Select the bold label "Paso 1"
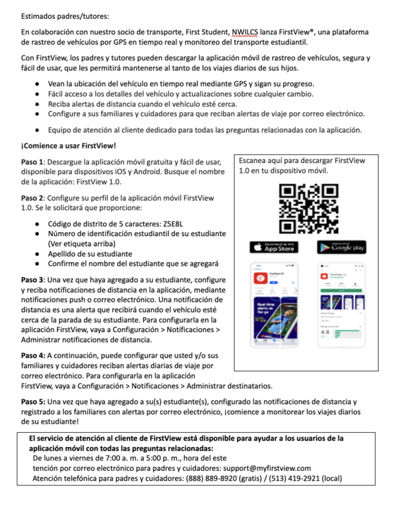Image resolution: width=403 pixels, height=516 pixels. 32,161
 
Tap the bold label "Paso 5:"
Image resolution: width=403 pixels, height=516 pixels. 33,401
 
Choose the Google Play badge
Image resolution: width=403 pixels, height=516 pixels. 342,247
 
